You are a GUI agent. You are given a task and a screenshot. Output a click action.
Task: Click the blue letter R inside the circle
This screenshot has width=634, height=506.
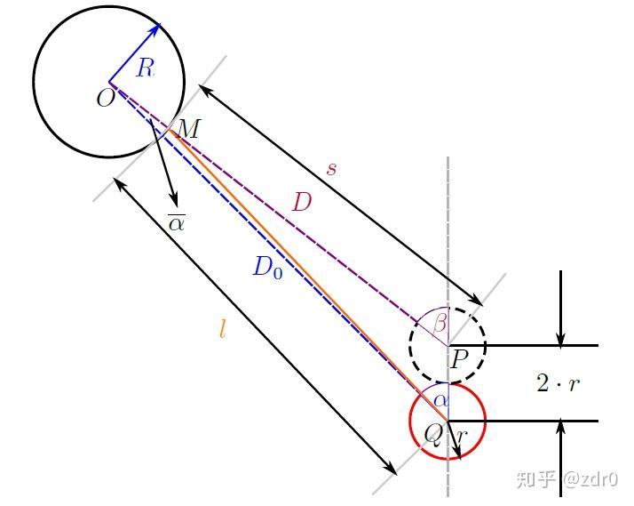coord(146,68)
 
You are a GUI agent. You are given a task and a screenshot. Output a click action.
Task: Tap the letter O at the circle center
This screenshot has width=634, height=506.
coord(105,97)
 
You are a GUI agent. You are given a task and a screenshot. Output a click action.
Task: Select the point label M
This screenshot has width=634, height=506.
coord(188,129)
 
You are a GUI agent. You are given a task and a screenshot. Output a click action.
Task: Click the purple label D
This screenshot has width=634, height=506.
coord(302,203)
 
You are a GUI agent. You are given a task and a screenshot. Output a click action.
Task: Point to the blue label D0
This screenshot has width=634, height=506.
coord(267,267)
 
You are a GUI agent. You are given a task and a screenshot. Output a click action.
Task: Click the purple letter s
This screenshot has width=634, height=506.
coord(331,168)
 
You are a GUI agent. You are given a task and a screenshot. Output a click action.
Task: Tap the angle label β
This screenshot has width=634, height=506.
coord(440,323)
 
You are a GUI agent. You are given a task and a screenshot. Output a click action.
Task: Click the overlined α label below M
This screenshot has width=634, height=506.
coord(176,221)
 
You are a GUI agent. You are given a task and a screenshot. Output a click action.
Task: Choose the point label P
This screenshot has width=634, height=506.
coord(459,360)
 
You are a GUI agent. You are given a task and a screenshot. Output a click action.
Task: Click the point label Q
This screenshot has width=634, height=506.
coord(433,434)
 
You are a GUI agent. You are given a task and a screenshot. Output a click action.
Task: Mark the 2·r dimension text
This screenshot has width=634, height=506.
coord(559,383)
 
